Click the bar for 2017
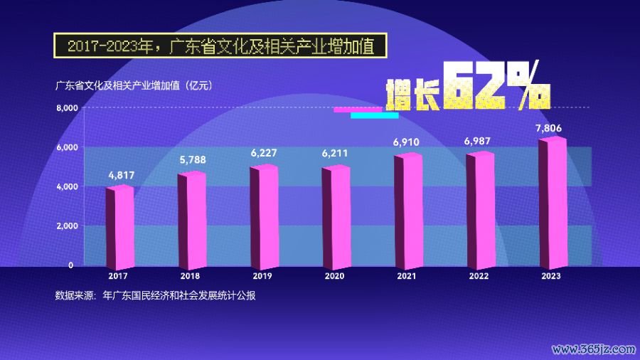click(120, 226)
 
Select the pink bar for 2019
click(264, 216)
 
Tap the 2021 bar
click(409, 210)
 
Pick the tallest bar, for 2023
click(553, 202)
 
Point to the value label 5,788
click(193, 160)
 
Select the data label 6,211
click(336, 153)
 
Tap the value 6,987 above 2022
click(479, 142)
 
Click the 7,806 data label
click(548, 128)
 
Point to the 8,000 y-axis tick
click(66, 108)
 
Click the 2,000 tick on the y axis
click(66, 226)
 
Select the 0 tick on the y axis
click(71, 265)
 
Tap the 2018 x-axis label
click(190, 276)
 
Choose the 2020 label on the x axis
click(334, 276)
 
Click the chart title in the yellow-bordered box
click(220, 47)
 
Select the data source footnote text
click(154, 295)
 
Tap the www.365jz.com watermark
click(593, 349)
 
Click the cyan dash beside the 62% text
click(375, 115)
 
